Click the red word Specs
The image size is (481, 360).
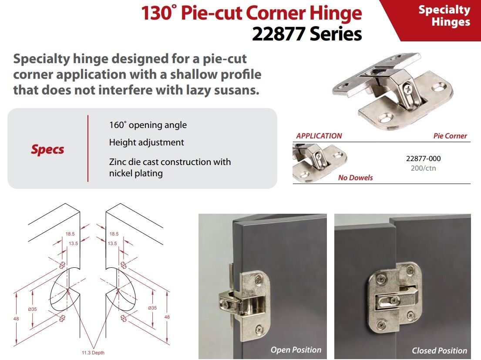[x=47, y=149]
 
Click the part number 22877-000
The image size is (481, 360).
[x=423, y=159]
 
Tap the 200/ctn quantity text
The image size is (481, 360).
[x=423, y=168]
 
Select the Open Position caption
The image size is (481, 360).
[x=296, y=350]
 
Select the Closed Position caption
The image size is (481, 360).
[x=439, y=350]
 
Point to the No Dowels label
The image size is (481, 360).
[x=355, y=178]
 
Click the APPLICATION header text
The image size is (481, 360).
[x=319, y=136]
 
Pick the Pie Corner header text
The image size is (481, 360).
[x=450, y=136]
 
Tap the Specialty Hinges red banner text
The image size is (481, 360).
[x=444, y=16]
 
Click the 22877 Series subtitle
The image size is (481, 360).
[x=307, y=34]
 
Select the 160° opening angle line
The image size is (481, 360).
[x=148, y=125]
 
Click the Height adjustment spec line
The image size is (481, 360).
[x=146, y=142]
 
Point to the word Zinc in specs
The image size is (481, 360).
[x=117, y=162]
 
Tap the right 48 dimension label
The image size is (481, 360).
[x=167, y=317]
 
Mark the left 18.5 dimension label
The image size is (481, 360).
[x=70, y=234]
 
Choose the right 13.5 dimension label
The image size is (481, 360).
[x=112, y=243]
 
